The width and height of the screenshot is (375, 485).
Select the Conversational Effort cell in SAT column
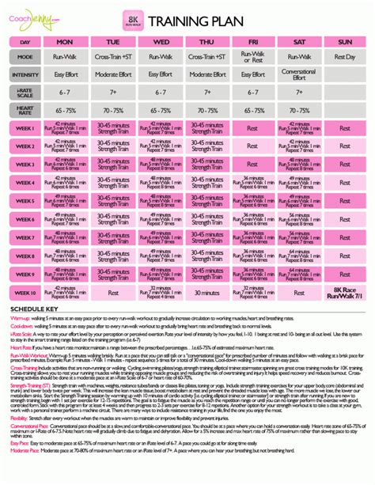point(298,75)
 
